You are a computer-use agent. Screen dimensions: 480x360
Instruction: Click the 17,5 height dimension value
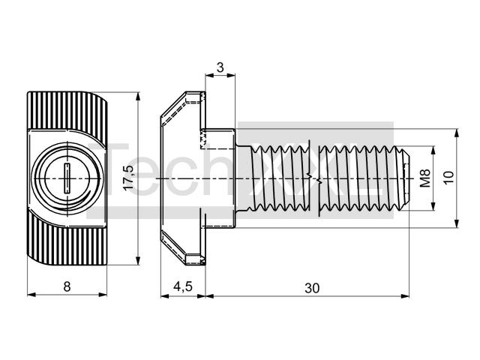click(129, 178)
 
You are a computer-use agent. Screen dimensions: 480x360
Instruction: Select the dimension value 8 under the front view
click(67, 286)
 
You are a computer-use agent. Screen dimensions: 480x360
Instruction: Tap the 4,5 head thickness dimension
click(183, 286)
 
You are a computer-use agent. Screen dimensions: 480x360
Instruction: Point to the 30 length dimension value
click(312, 288)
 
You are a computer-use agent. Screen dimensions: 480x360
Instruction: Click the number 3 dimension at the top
click(220, 67)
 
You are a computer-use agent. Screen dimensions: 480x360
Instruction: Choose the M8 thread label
click(425, 178)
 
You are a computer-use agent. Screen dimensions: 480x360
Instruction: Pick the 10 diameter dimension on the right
click(448, 178)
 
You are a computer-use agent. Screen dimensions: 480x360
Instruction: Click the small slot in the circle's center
click(67, 178)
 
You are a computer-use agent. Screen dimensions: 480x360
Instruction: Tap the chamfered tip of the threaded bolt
click(405, 178)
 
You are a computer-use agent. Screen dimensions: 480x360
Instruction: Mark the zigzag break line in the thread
click(315, 178)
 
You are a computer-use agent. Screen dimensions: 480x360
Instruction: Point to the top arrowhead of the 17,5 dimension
click(138, 96)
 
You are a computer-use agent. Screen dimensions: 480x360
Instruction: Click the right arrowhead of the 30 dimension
click(405, 295)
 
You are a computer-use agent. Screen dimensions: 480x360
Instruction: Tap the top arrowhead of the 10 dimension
click(457, 133)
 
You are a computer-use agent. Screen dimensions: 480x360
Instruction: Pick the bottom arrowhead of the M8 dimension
click(433, 206)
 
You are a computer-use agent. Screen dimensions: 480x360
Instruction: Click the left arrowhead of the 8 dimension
click(31, 295)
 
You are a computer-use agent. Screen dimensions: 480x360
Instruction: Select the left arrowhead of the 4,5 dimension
click(165, 295)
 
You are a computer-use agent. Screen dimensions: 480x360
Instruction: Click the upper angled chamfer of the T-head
click(173, 104)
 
